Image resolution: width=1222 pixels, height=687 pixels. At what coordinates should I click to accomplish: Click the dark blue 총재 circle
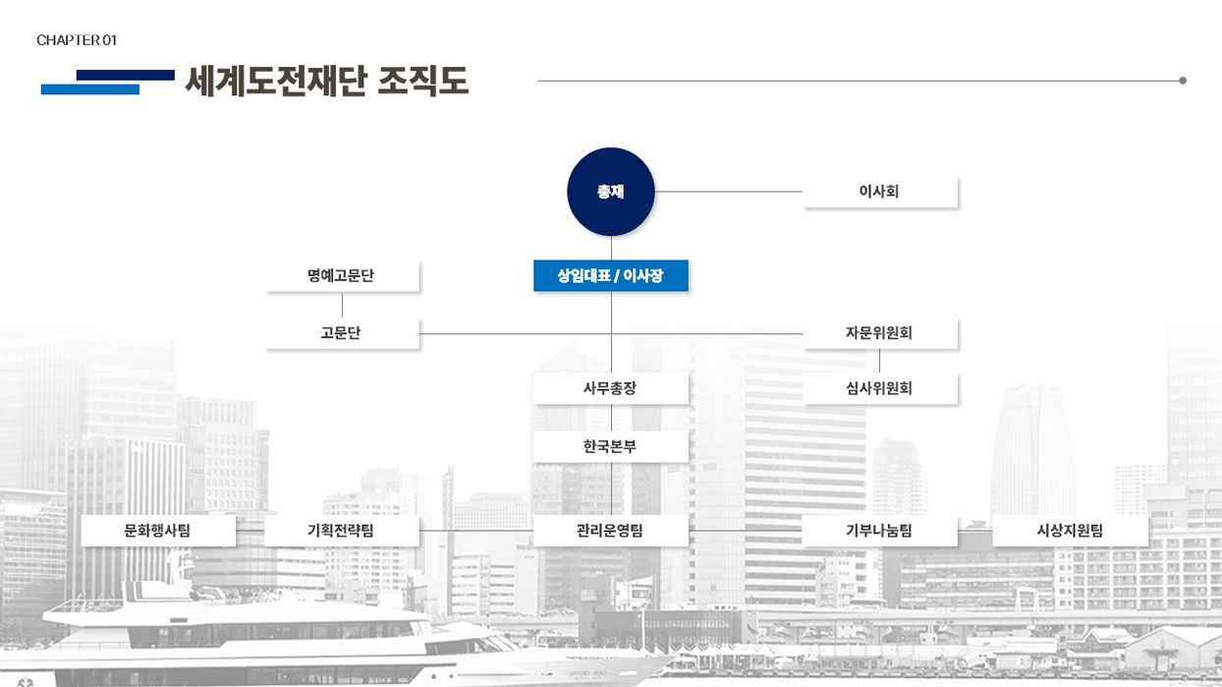[x=610, y=192]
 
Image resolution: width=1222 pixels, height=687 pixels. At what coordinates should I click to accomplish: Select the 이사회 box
[x=879, y=192]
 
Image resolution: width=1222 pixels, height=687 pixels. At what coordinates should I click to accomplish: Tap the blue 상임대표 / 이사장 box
[x=610, y=276]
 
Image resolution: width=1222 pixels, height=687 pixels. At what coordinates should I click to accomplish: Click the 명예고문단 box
[x=342, y=276]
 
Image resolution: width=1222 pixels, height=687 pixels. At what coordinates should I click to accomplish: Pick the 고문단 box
[x=342, y=333]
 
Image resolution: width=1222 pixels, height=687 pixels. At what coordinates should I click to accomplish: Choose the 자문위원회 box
[x=879, y=333]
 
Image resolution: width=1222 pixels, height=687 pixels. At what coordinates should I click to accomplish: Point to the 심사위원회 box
[x=879, y=388]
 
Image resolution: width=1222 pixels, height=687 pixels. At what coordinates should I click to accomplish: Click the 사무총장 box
[x=610, y=388]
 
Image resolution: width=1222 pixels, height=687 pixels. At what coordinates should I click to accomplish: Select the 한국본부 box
[x=610, y=446]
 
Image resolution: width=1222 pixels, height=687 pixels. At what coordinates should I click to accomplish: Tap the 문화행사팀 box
[x=158, y=531]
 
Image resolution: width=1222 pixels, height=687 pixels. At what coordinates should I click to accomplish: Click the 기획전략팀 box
[x=342, y=531]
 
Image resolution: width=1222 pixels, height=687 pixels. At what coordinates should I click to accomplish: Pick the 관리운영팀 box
[x=610, y=531]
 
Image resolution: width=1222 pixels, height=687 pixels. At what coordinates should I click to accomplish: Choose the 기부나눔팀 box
[x=879, y=531]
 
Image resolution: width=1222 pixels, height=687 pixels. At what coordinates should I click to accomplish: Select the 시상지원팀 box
[x=1070, y=531]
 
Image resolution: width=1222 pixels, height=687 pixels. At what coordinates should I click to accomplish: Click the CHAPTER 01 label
[x=77, y=40]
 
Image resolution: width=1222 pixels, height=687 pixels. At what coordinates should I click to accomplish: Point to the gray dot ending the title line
[x=1183, y=81]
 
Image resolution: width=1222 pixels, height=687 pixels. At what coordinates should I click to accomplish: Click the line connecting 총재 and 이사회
[x=729, y=192]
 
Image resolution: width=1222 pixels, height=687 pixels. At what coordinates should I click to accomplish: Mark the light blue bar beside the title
[x=89, y=89]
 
